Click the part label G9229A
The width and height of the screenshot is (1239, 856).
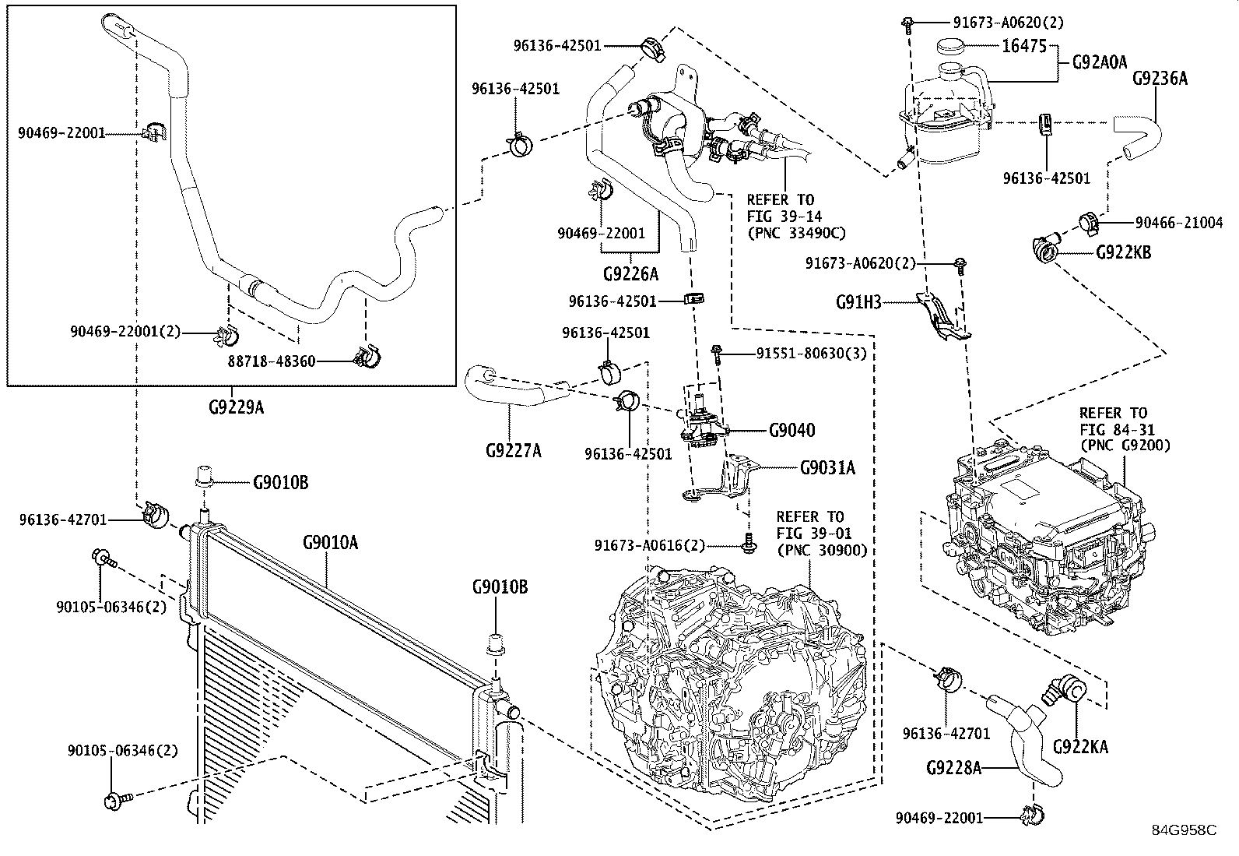click(236, 407)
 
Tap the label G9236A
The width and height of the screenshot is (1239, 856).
click(1160, 79)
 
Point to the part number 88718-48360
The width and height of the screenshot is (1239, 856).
click(272, 361)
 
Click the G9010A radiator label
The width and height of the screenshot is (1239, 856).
click(330, 543)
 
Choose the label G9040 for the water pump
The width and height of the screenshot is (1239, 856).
click(792, 430)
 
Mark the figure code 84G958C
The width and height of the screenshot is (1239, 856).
click(1185, 830)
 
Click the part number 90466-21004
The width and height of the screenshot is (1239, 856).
click(1179, 223)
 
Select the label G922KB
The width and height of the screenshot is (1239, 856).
click(1123, 252)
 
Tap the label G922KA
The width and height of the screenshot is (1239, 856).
click(1080, 747)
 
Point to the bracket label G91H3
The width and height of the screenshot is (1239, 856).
click(858, 302)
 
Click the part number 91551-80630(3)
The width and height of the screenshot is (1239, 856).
click(812, 354)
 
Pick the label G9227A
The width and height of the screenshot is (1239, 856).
click(514, 451)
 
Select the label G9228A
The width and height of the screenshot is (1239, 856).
click(953, 768)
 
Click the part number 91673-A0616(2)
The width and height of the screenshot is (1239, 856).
click(650, 546)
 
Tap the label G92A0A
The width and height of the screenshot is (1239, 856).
click(1100, 62)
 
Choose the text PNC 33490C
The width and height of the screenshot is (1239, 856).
click(797, 233)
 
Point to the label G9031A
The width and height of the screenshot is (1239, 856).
click(827, 468)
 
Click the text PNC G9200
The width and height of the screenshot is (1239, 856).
click(1125, 446)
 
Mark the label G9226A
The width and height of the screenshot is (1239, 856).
click(630, 274)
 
